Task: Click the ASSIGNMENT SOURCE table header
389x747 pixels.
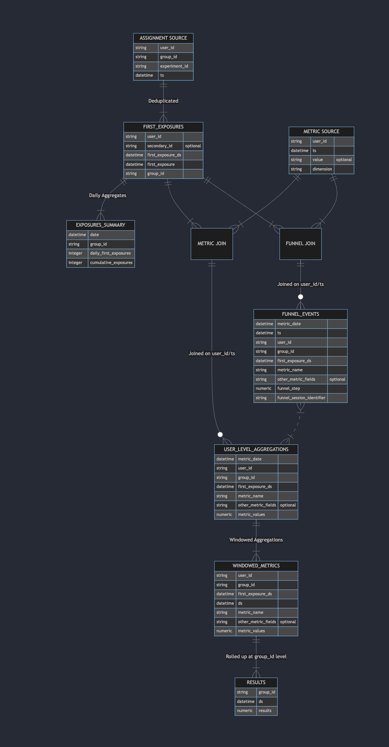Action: click(x=163, y=38)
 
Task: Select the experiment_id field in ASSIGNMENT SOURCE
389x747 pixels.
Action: click(x=174, y=66)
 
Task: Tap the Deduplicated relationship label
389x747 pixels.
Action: click(x=163, y=101)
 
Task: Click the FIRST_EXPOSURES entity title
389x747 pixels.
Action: click(x=163, y=127)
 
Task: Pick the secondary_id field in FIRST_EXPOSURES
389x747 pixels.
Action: click(x=160, y=146)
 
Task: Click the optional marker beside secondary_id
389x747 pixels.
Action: click(x=193, y=146)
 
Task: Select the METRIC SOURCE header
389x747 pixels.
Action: click(x=321, y=132)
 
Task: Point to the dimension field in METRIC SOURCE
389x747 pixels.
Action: click(x=322, y=169)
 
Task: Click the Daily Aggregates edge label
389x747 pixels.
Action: click(x=108, y=195)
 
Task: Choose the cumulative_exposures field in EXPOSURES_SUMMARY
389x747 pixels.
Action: click(x=111, y=263)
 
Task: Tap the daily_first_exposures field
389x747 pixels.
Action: click(x=110, y=253)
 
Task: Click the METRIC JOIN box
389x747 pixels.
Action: click(x=211, y=244)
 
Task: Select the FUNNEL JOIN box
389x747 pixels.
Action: click(x=300, y=244)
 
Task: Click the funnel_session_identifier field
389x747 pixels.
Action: click(x=301, y=398)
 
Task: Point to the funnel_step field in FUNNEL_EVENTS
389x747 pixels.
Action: click(x=288, y=388)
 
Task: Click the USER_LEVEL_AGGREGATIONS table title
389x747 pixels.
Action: click(x=256, y=449)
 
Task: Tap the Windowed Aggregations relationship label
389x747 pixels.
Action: click(x=256, y=540)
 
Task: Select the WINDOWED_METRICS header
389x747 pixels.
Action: click(x=256, y=566)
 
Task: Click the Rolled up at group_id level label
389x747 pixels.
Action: click(x=256, y=657)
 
